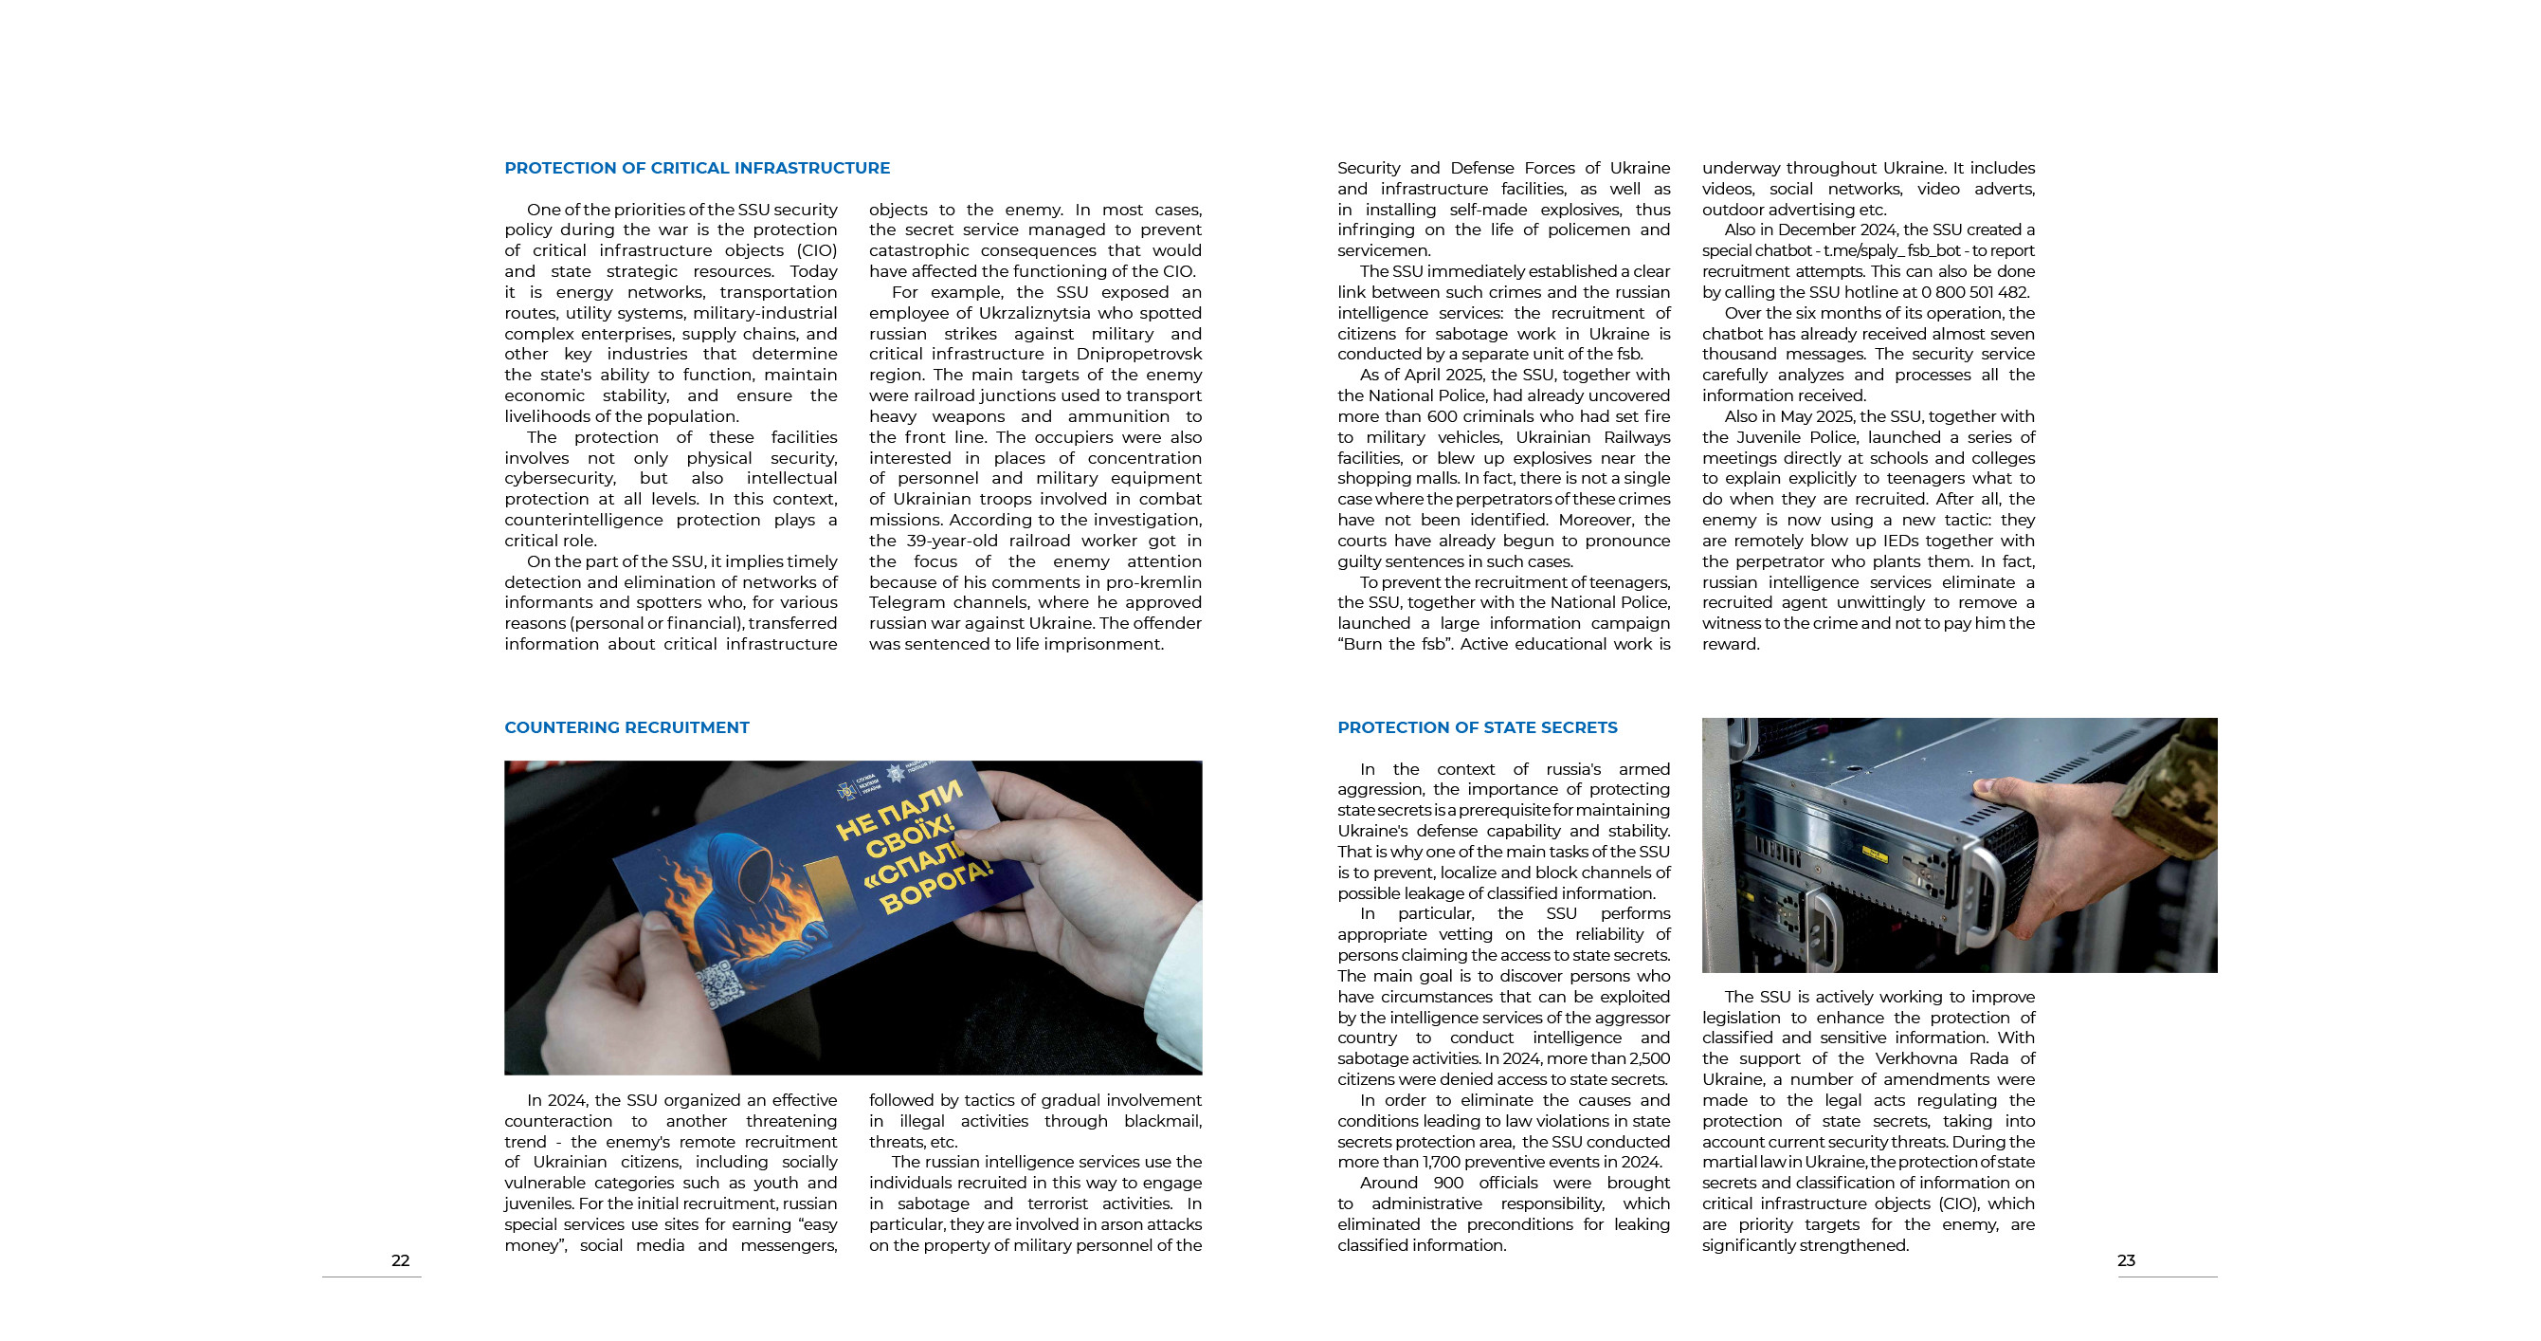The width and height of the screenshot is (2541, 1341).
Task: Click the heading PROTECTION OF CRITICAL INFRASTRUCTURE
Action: click(697, 168)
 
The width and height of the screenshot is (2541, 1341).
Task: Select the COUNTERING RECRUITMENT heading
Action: click(626, 727)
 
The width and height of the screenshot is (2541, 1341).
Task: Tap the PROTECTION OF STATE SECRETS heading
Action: click(1477, 727)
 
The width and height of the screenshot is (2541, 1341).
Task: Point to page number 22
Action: click(401, 1260)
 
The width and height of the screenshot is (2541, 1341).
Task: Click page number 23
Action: click(2126, 1260)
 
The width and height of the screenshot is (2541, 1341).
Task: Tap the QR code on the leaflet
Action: click(723, 985)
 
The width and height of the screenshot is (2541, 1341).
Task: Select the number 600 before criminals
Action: click(1442, 416)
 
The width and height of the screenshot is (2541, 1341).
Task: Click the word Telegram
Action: click(910, 603)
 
